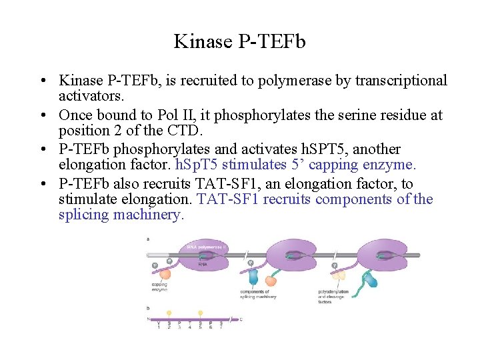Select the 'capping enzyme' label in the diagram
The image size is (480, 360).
click(x=159, y=287)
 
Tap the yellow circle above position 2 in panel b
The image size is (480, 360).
click(x=169, y=313)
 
